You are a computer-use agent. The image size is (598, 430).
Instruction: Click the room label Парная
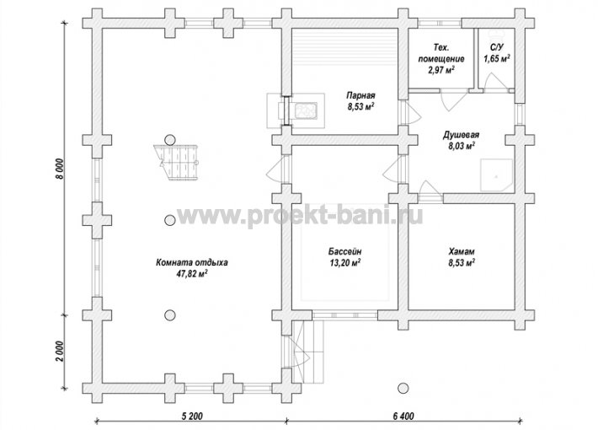[x=360, y=95]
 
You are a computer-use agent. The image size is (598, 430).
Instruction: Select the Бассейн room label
[x=344, y=251]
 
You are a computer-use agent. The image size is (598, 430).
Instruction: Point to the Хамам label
[x=462, y=251]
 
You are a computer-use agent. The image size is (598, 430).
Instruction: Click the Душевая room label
[x=461, y=135]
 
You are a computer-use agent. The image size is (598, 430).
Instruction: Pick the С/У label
[x=497, y=48]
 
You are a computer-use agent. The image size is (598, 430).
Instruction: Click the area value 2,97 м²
[x=441, y=70]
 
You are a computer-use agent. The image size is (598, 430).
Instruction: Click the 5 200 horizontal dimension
[x=190, y=416]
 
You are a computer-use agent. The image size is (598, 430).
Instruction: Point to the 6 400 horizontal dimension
[x=403, y=416]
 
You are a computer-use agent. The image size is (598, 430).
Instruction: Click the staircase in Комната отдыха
[x=177, y=162]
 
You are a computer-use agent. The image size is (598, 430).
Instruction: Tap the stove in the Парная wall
[x=296, y=110]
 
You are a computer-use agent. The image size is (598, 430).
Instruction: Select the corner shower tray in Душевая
[x=496, y=175]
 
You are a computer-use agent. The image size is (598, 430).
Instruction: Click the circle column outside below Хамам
[x=403, y=389]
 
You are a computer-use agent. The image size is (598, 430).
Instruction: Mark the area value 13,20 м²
[x=344, y=263]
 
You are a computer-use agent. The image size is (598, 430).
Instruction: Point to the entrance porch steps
[x=308, y=352]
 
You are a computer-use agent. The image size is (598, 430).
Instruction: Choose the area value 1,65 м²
[x=497, y=59]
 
